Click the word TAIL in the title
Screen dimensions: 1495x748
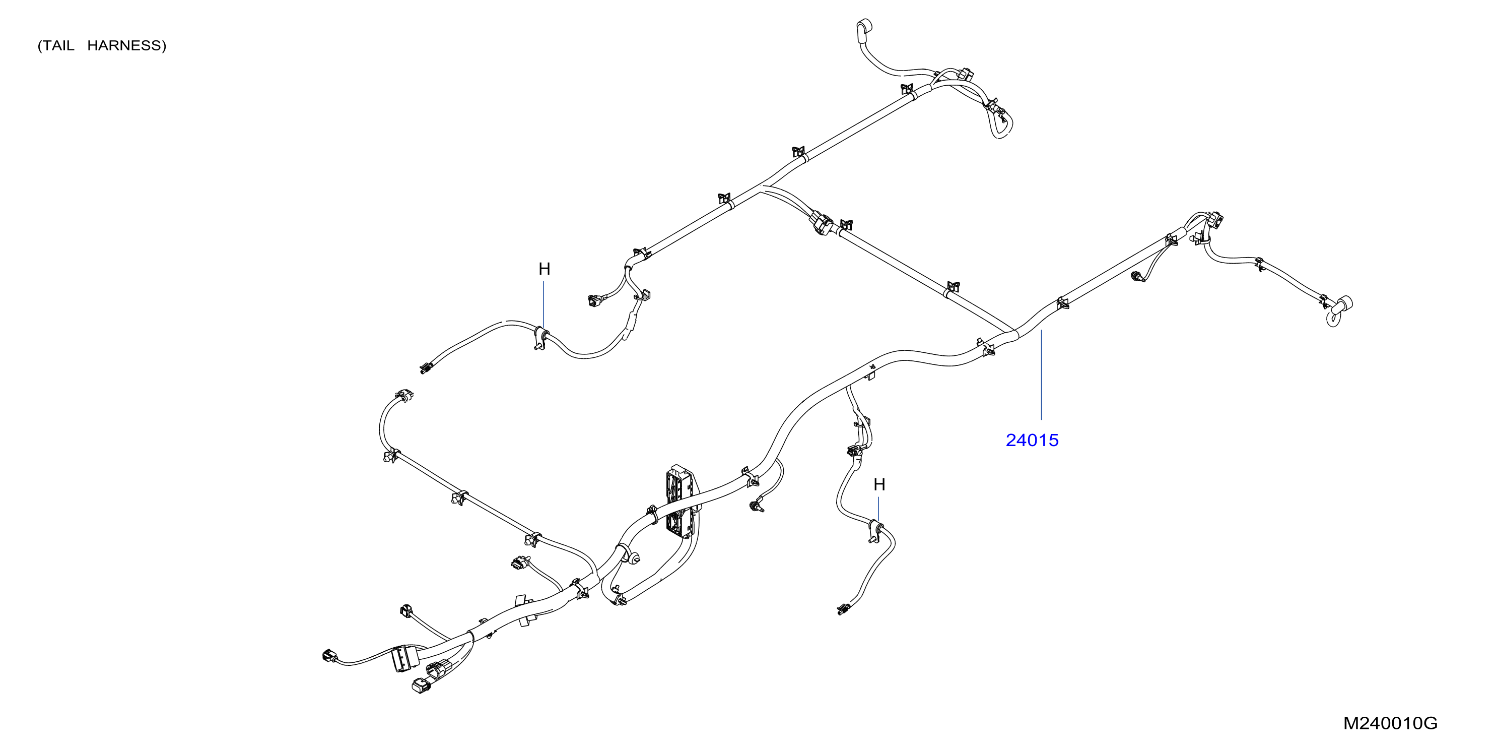[x=59, y=46]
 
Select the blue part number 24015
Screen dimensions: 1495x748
[x=1032, y=440]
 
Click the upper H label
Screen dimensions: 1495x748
[x=545, y=269]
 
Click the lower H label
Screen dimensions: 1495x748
[x=879, y=484]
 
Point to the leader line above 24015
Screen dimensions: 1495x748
[x=1041, y=375]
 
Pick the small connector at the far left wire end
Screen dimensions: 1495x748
[x=329, y=656]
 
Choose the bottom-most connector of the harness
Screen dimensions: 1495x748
[x=421, y=686]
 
